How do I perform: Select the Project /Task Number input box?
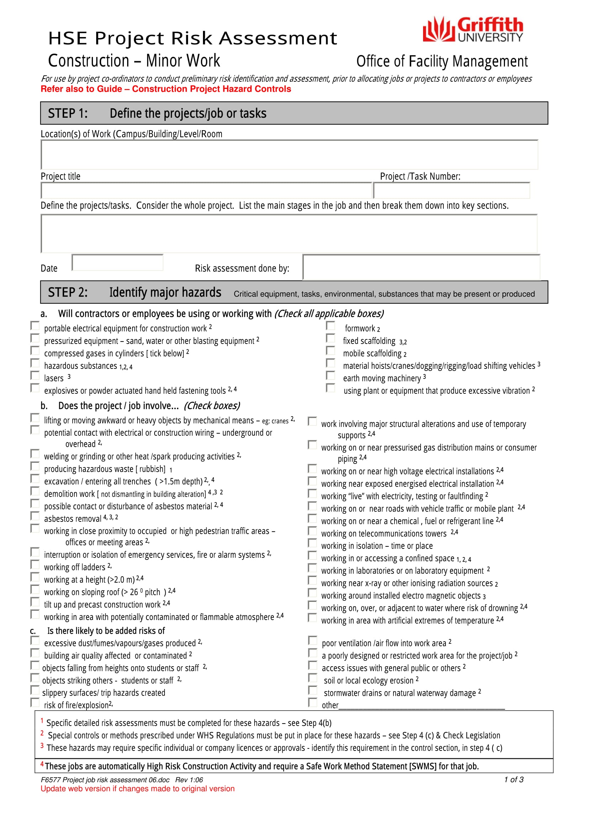tap(451, 191)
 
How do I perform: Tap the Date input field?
tap(118, 263)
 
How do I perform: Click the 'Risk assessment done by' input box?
tap(421, 267)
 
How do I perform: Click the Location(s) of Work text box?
tap(289, 155)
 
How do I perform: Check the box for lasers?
tap(35, 375)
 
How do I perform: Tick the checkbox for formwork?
tap(330, 326)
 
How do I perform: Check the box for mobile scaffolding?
tap(330, 351)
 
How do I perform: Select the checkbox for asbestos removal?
tap(35, 516)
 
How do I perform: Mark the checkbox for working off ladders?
tap(35, 565)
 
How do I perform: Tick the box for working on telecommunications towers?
tap(312, 531)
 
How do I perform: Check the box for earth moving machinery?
tap(330, 375)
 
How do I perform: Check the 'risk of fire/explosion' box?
tap(35, 703)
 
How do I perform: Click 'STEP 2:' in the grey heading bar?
tap(68, 292)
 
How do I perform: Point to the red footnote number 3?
tap(42, 746)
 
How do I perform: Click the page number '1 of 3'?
tap(514, 780)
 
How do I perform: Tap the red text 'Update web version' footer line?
tap(137, 789)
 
